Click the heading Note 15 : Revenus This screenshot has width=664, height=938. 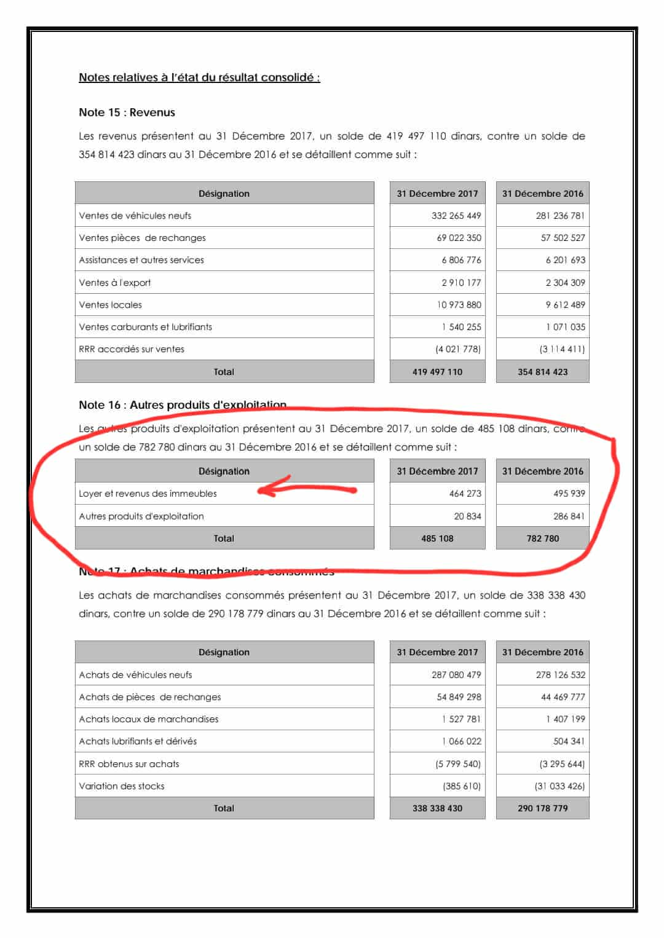pyautogui.click(x=127, y=112)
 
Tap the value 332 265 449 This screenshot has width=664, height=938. pyautogui.click(x=456, y=216)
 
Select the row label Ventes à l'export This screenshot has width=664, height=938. pyautogui.click(x=115, y=283)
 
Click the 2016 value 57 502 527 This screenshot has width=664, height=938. pyautogui.click(x=563, y=238)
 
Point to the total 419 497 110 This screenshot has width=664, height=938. pyautogui.click(x=437, y=372)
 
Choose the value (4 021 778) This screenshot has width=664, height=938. pyautogui.click(x=457, y=349)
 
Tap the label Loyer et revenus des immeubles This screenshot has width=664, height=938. pyautogui.click(x=148, y=494)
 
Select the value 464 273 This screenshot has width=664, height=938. pyautogui.click(x=465, y=494)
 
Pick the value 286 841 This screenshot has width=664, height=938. pyautogui.click(x=569, y=516)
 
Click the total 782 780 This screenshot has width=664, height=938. pyautogui.click(x=543, y=538)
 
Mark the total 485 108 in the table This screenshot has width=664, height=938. pyautogui.click(x=437, y=538)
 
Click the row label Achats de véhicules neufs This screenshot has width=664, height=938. pyautogui.click(x=135, y=675)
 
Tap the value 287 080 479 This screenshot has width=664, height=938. pyautogui.click(x=456, y=675)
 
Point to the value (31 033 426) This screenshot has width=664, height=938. pyautogui.click(x=559, y=786)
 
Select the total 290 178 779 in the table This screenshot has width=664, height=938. pyautogui.click(x=543, y=808)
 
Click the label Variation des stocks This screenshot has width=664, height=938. pyautogui.click(x=122, y=786)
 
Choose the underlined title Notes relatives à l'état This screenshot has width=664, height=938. pyautogui.click(x=199, y=77)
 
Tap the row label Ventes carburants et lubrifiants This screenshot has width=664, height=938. pyautogui.click(x=145, y=327)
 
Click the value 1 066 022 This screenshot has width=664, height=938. pyautogui.click(x=461, y=741)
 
